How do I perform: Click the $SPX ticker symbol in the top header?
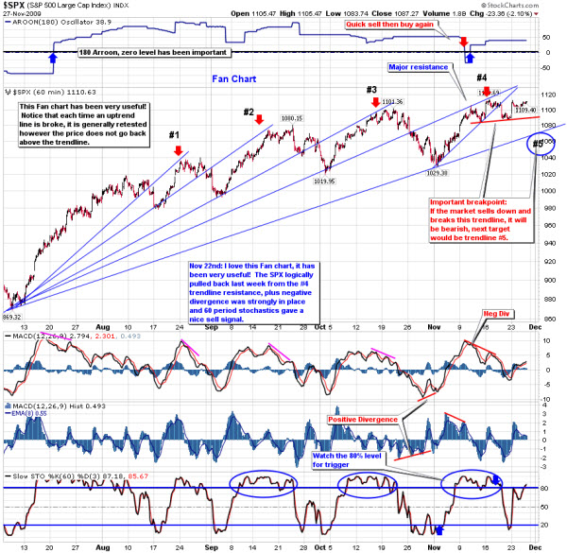15,7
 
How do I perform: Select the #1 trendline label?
175,134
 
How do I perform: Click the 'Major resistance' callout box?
420,69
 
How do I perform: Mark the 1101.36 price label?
392,101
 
